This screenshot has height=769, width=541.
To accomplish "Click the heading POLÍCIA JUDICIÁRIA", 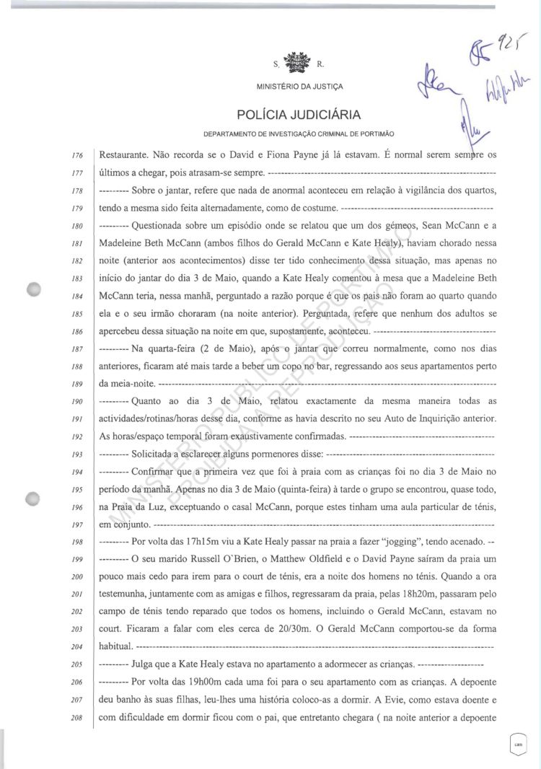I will click(299, 115).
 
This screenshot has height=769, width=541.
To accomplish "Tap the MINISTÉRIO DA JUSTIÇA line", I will click(299, 87).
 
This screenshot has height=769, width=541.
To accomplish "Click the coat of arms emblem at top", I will click(296, 63).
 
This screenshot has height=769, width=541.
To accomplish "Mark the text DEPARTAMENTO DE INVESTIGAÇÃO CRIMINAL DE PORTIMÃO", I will click(299, 135).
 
